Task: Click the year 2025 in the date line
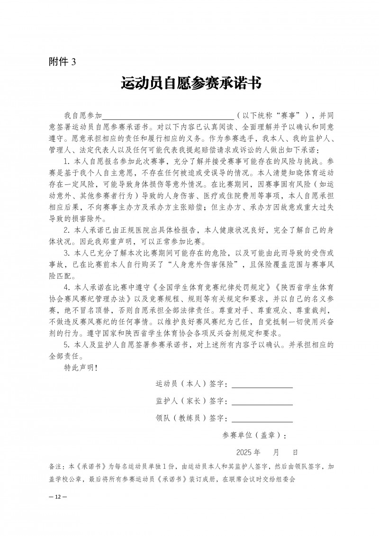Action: tap(244, 452)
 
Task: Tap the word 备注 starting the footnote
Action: tap(56, 467)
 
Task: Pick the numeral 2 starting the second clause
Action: tap(66, 231)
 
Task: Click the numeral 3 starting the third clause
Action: tap(66, 254)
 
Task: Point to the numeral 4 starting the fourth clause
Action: tap(66, 288)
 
